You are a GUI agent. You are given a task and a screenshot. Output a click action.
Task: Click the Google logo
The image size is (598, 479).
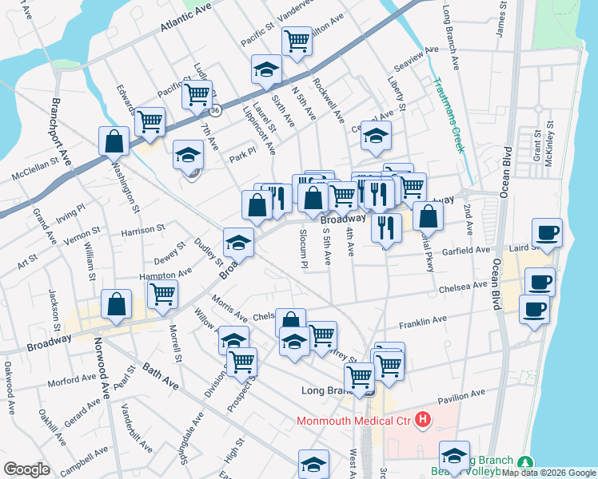[27, 469]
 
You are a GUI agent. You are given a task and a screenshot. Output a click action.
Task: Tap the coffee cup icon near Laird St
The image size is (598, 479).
[547, 233]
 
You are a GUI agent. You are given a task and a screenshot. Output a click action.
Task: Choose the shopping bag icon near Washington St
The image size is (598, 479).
[114, 141]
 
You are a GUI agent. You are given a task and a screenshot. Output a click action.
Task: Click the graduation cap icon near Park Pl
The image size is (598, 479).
[189, 153]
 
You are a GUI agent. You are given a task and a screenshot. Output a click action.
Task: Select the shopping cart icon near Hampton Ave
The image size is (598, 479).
[163, 293]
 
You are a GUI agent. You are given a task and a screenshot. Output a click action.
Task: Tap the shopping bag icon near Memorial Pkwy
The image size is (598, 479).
[429, 215]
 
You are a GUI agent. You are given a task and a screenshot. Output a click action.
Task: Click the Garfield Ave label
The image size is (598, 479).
[467, 250]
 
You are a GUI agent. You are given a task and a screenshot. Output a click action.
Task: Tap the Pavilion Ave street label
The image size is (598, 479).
[461, 395]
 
